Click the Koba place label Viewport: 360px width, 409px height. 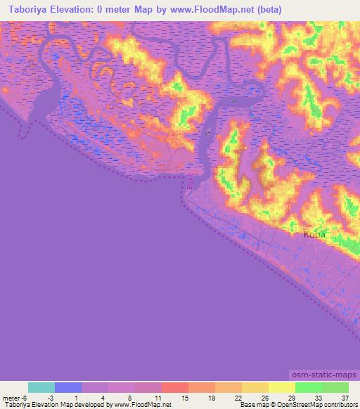pyautogui.click(x=314, y=235)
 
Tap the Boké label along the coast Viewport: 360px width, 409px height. pyautogui.click(x=190, y=181)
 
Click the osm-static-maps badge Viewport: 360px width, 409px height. pyautogui.click(x=323, y=376)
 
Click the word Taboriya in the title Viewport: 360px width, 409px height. pyautogui.click(x=30, y=9)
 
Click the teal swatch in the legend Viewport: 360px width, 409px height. pyautogui.click(x=41, y=387)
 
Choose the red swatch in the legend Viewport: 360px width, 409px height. pyautogui.click(x=174, y=387)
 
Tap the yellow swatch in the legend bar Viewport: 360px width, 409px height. pyautogui.click(x=281, y=387)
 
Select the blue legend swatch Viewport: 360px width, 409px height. pyautogui.click(x=68, y=387)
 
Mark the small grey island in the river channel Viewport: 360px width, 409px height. pyautogui.click(x=208, y=131)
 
